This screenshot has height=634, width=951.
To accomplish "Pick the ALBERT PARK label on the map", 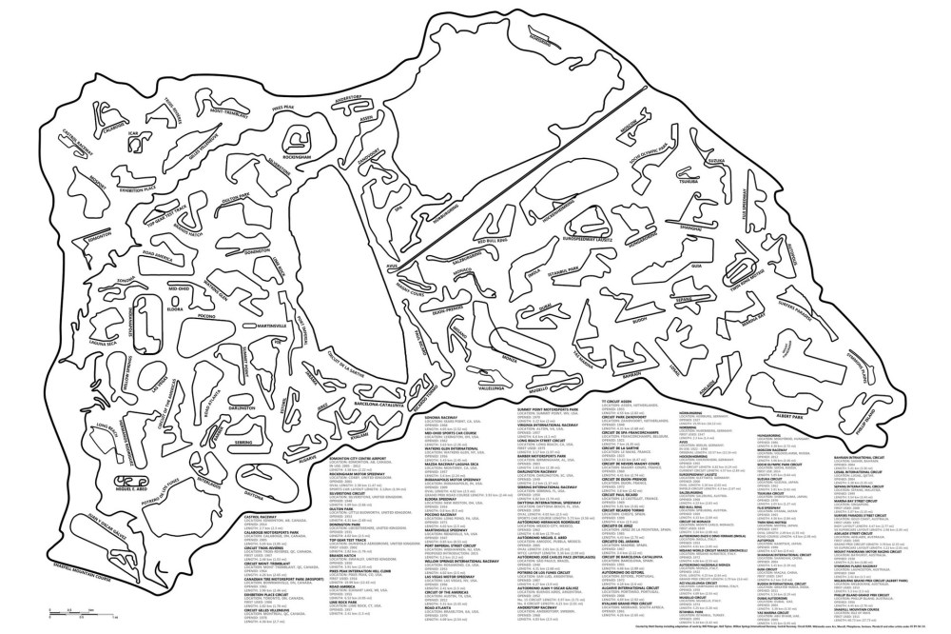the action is coord(791,416).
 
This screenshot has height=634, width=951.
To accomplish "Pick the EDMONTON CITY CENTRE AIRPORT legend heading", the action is coord(271,459).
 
